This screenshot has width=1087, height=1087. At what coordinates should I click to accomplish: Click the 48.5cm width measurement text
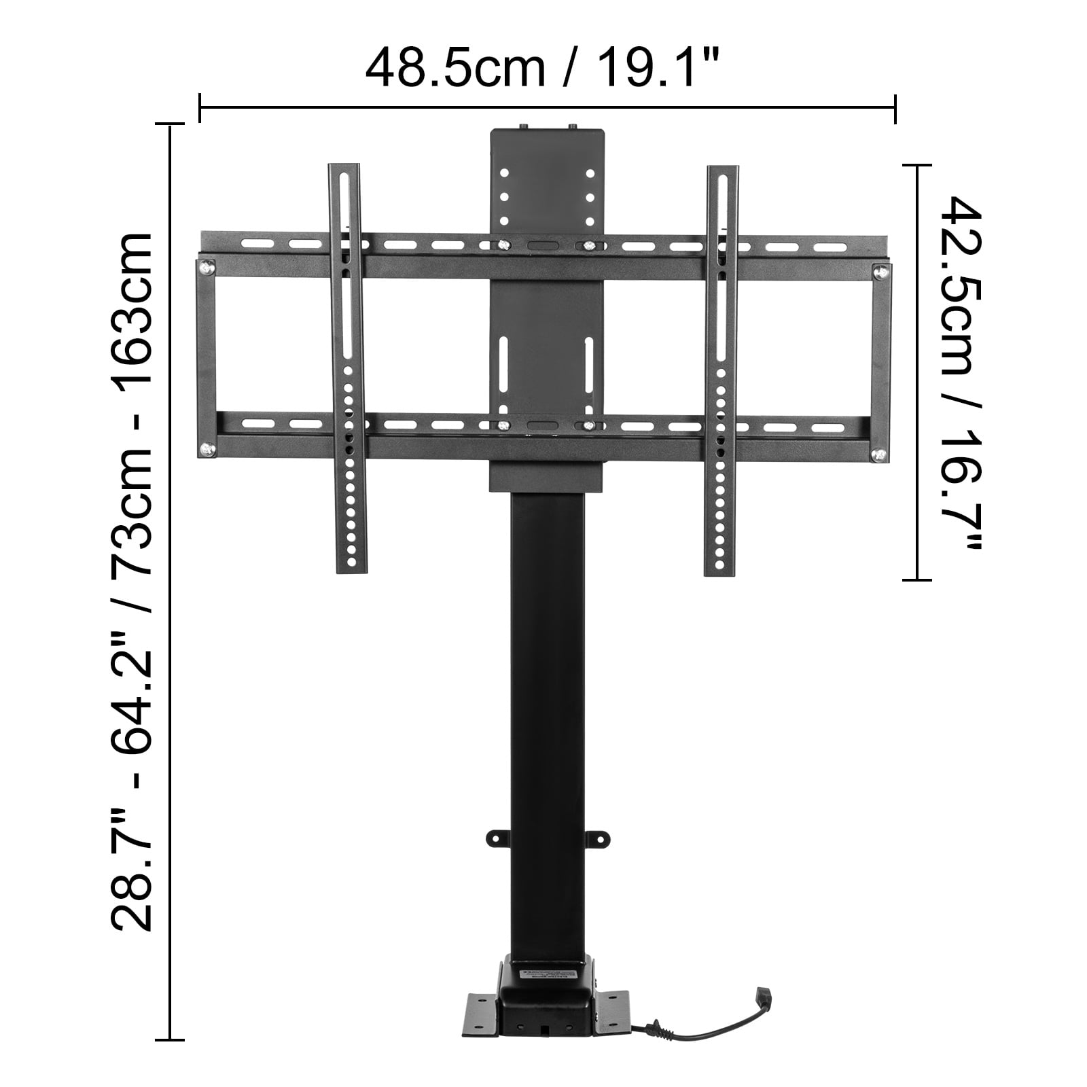[456, 68]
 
